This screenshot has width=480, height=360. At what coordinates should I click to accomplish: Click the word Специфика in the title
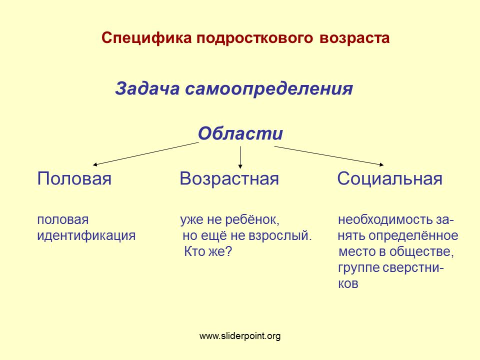point(146,38)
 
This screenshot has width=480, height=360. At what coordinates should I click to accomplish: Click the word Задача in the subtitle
point(147,89)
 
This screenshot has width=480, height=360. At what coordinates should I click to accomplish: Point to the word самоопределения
point(269,89)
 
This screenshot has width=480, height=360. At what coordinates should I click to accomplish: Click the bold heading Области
point(240,133)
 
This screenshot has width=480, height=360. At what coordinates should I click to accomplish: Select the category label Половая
point(74,178)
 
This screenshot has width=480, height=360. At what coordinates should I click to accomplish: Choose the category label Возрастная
point(229,179)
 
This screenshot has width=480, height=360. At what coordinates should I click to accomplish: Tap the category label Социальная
point(389,179)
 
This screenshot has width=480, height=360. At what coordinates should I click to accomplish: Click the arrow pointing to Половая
point(145,153)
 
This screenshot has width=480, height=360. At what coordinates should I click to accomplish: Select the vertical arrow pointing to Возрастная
point(240,157)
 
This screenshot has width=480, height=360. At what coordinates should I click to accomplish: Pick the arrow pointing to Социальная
point(329,156)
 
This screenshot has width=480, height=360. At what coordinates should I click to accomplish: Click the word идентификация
point(86,235)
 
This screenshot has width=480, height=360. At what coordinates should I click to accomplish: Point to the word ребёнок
point(252,220)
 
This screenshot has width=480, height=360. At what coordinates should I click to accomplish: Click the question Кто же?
point(208,251)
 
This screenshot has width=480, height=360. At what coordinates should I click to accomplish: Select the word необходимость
point(385,220)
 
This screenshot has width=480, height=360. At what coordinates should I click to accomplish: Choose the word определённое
point(413,235)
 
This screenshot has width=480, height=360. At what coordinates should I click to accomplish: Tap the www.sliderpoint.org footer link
point(240,336)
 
